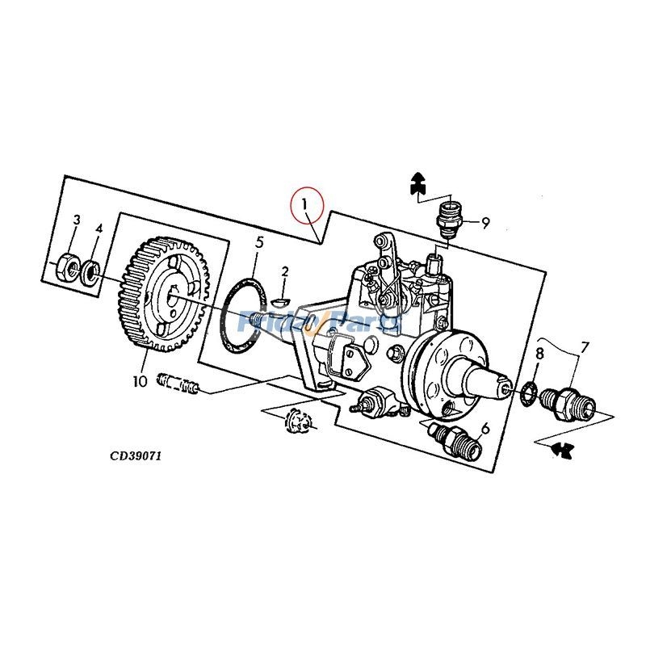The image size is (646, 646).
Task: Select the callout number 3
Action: [77, 220]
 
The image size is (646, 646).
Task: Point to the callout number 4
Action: [99, 229]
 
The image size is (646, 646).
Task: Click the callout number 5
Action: [259, 241]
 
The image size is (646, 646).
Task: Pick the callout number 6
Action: [485, 428]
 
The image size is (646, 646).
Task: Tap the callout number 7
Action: [585, 346]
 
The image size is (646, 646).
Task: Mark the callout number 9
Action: [485, 224]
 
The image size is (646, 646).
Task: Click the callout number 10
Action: [140, 380]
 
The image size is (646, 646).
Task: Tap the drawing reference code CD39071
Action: [136, 455]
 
